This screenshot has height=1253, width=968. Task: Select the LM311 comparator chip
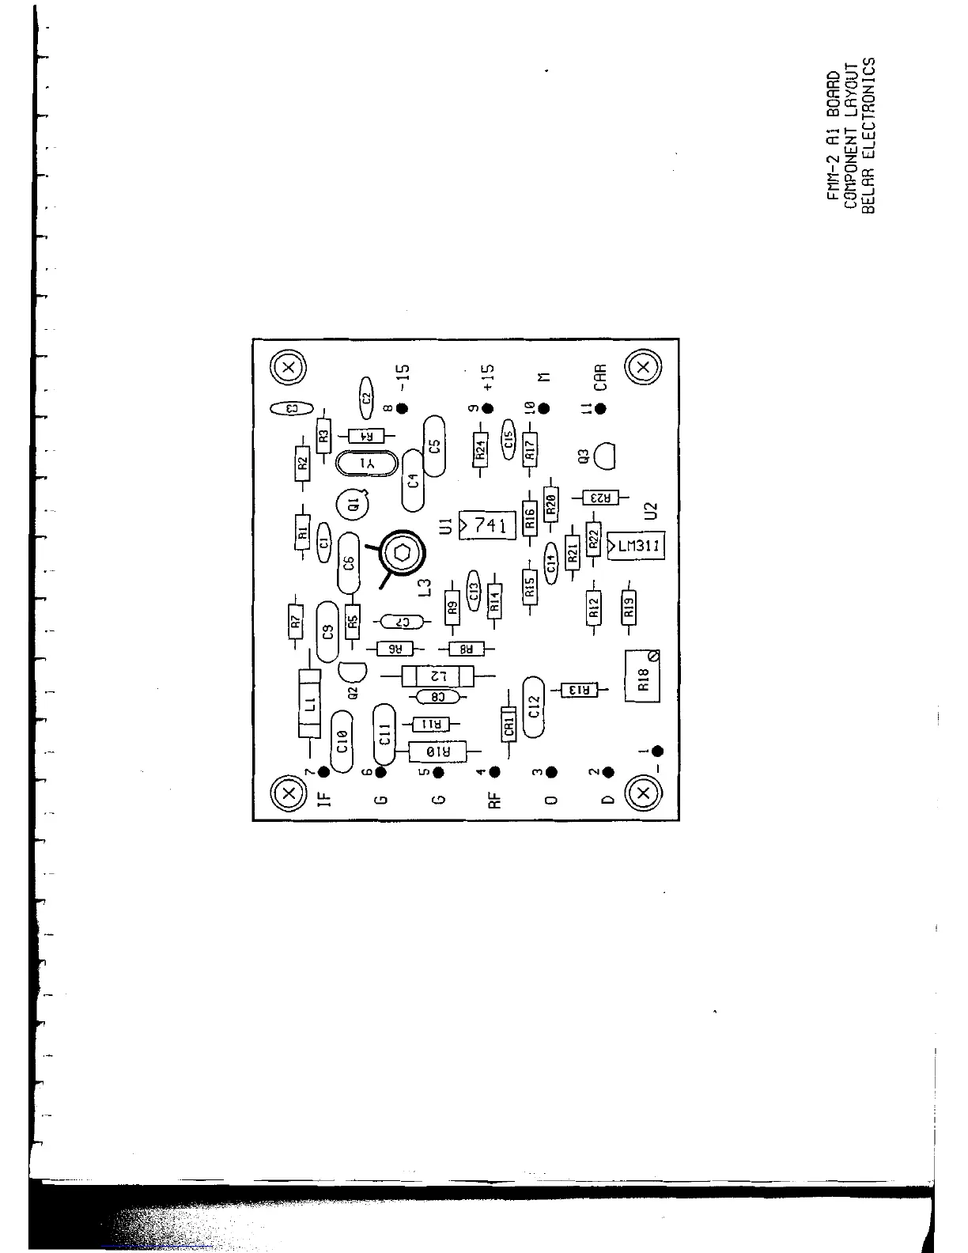click(636, 547)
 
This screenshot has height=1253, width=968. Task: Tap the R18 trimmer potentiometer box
click(641, 677)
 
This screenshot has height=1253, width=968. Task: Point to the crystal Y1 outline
click(365, 464)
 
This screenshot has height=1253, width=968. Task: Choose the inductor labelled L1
click(309, 703)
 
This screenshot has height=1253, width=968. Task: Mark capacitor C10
click(342, 740)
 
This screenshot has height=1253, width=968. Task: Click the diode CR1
click(509, 724)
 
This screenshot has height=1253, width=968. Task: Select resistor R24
click(480, 449)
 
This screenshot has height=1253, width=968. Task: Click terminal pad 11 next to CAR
click(600, 408)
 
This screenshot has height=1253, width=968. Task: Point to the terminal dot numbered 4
click(495, 771)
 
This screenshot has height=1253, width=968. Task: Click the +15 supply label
click(488, 377)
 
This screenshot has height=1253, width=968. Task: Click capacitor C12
click(534, 706)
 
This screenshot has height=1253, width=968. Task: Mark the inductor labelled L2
click(437, 676)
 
